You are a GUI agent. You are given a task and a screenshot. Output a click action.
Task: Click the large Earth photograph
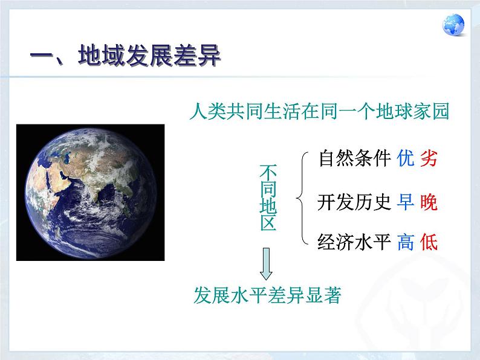pyautogui.click(x=90, y=192)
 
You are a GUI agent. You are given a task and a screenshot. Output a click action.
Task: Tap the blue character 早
pyautogui.click(x=406, y=202)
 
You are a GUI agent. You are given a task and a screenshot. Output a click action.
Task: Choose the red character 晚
pyautogui.click(x=428, y=202)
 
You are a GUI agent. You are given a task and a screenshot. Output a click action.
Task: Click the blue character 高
pyautogui.click(x=406, y=242)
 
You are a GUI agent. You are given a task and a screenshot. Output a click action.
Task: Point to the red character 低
pyautogui.click(x=428, y=242)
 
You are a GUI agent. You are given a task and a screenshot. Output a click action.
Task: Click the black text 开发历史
pyautogui.click(x=354, y=202)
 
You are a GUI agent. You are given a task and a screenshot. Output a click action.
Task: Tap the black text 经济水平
pyautogui.click(x=354, y=242)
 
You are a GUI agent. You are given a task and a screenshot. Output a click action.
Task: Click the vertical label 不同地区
pyautogui.click(x=268, y=197)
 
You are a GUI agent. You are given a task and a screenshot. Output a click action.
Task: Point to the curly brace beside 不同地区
pyautogui.click(x=301, y=198)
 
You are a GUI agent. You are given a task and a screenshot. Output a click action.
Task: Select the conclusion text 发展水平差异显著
pyautogui.click(x=267, y=295)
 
